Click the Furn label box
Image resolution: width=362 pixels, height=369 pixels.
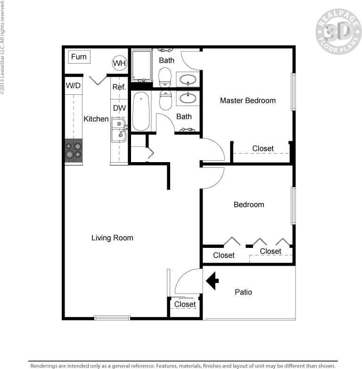tap(79, 57)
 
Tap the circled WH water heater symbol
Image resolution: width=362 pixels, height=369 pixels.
tap(119, 63)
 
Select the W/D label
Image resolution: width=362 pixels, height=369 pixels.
tap(73, 86)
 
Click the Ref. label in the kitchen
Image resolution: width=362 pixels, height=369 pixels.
tap(118, 87)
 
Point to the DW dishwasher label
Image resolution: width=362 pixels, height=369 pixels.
tap(119, 108)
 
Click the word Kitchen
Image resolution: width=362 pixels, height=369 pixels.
tap(96, 119)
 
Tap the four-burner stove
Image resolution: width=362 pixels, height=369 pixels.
tap(73, 150)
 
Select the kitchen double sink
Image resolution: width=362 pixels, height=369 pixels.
tap(119, 130)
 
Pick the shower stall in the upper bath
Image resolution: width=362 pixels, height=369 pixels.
tap(141, 66)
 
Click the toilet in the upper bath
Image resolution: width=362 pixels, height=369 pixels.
tap(165, 76)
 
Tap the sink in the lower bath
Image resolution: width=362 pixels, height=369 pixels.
tap(188, 98)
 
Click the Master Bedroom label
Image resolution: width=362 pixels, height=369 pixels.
tap(247, 100)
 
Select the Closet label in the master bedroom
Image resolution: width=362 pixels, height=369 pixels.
tap(263, 148)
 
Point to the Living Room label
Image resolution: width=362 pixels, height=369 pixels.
tap(112, 238)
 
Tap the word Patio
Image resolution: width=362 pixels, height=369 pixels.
tap(243, 292)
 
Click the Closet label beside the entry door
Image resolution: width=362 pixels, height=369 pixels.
tap(185, 304)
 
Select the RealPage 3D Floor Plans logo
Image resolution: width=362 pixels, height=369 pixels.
tap(338, 31)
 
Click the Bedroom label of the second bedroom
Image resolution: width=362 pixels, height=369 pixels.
tap(249, 205)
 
